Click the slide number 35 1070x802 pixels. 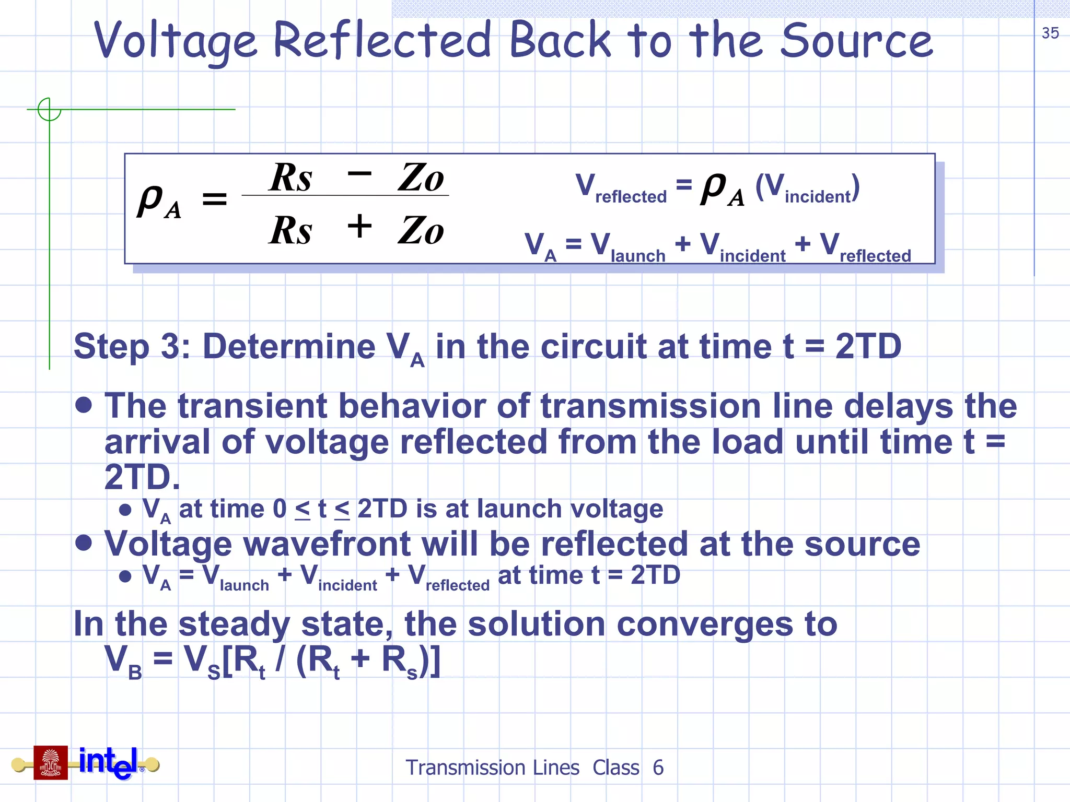[x=1050, y=33]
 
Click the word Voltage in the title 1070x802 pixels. [x=175, y=42]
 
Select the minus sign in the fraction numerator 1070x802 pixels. [x=359, y=173]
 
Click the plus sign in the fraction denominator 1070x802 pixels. [x=359, y=227]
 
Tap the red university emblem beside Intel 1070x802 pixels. [x=51, y=762]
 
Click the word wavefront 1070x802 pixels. [x=327, y=544]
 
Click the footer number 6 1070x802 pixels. [x=658, y=768]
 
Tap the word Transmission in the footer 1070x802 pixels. [x=492, y=768]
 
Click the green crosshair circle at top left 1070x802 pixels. [x=49, y=110]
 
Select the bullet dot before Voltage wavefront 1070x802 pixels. [x=84, y=543]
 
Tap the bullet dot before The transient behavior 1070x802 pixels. [x=84, y=405]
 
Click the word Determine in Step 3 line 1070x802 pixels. [x=288, y=346]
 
